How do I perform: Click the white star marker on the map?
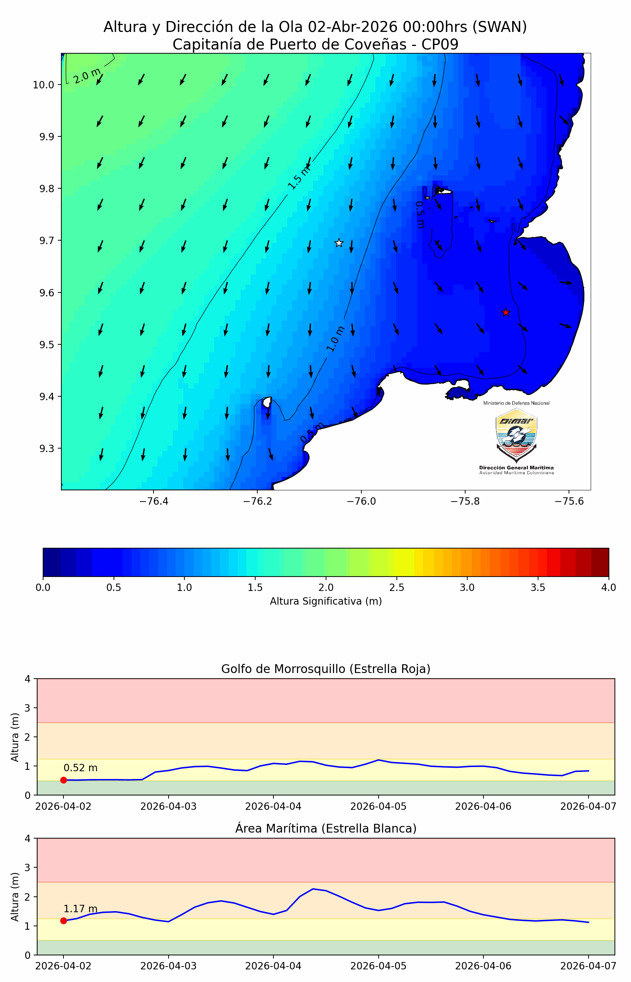(339, 243)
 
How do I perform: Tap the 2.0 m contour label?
(87, 76)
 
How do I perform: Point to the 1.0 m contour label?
(335, 339)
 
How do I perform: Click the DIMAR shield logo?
(516, 435)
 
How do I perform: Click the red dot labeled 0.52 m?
(63, 780)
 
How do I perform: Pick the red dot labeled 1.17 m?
(63, 921)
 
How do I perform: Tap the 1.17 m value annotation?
(80, 909)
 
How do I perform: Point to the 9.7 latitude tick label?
(47, 240)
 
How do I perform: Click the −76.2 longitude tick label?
(257, 502)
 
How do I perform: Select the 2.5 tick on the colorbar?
(396, 587)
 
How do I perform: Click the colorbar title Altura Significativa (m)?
(326, 601)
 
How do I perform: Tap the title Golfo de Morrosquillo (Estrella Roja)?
(326, 669)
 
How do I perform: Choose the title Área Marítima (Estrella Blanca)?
(326, 828)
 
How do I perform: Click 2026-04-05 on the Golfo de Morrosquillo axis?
(378, 806)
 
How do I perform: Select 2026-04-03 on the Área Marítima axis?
(168, 966)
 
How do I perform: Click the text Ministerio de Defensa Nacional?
(516, 403)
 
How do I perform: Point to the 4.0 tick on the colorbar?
(609, 587)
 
